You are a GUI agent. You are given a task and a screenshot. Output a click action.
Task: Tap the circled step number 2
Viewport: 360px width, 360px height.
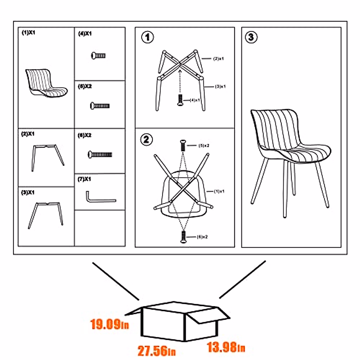click(146, 139)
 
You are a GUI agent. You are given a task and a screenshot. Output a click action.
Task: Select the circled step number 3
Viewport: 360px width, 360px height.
click(251, 37)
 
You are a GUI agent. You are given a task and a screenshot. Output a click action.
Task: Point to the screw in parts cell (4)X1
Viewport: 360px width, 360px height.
click(98, 55)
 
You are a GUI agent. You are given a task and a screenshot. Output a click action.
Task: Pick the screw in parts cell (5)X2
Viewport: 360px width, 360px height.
click(100, 106)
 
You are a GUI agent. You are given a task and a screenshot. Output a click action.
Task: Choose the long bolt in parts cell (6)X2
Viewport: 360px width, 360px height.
click(100, 154)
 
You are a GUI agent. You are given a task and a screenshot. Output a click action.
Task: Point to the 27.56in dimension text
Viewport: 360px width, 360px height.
click(157, 351)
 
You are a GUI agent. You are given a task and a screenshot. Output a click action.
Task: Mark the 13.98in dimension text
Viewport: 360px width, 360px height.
click(226, 347)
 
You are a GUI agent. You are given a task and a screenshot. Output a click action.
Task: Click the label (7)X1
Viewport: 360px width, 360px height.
click(84, 179)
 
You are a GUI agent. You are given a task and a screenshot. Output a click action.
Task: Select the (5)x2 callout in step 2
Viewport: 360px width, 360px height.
click(204, 145)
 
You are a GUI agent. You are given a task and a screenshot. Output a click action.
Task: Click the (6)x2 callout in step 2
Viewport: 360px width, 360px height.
click(202, 237)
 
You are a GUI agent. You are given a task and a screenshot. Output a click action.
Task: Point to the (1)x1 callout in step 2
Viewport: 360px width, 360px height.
click(219, 191)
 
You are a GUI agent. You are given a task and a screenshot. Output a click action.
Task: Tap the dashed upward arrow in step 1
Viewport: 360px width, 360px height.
click(180, 81)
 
